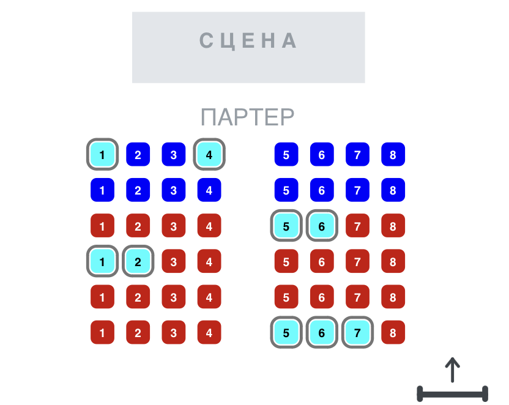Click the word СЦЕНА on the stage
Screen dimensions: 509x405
click(248, 40)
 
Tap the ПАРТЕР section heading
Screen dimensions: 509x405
click(247, 117)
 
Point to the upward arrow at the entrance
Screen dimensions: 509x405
click(452, 370)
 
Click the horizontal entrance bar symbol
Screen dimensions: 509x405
click(452, 394)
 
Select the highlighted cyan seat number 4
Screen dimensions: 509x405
click(209, 154)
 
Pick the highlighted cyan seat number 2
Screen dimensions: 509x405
click(138, 261)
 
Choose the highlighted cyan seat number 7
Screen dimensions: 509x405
click(357, 332)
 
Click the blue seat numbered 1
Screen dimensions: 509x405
click(102, 190)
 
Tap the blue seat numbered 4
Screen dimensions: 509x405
click(209, 190)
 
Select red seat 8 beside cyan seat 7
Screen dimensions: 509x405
click(393, 332)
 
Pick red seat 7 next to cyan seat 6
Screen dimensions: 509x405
click(357, 226)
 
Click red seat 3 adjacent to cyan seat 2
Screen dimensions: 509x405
click(174, 261)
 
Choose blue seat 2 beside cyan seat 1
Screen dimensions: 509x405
click(138, 154)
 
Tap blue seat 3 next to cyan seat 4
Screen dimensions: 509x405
click(174, 154)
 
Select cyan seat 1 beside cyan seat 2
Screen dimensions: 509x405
click(102, 261)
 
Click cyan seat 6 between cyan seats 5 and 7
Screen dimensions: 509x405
click(322, 332)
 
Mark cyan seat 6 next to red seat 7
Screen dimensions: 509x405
click(322, 226)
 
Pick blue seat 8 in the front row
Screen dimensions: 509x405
click(393, 154)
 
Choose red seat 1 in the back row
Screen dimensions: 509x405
click(102, 332)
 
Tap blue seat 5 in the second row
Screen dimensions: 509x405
click(286, 190)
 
